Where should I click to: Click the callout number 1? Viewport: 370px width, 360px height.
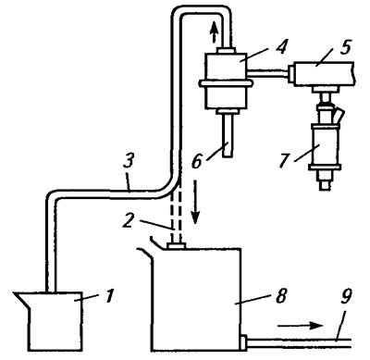(x=109, y=296)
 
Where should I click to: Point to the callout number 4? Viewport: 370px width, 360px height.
(x=280, y=46)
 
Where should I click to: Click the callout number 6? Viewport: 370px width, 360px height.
(x=197, y=161)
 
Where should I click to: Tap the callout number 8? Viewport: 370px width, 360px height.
(x=281, y=296)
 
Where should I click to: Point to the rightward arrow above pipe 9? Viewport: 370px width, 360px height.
(x=300, y=326)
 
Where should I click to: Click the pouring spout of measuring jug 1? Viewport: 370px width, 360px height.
(x=22, y=298)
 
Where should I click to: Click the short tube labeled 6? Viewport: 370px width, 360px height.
(x=228, y=136)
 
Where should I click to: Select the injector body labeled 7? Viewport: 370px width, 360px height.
(x=326, y=145)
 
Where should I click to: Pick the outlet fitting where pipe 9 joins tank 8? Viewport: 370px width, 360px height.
(x=244, y=342)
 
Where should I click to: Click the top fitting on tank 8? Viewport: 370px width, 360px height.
(x=175, y=246)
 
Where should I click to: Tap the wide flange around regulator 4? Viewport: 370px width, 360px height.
(x=226, y=82)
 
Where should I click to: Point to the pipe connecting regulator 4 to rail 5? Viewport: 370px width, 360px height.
(x=268, y=72)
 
